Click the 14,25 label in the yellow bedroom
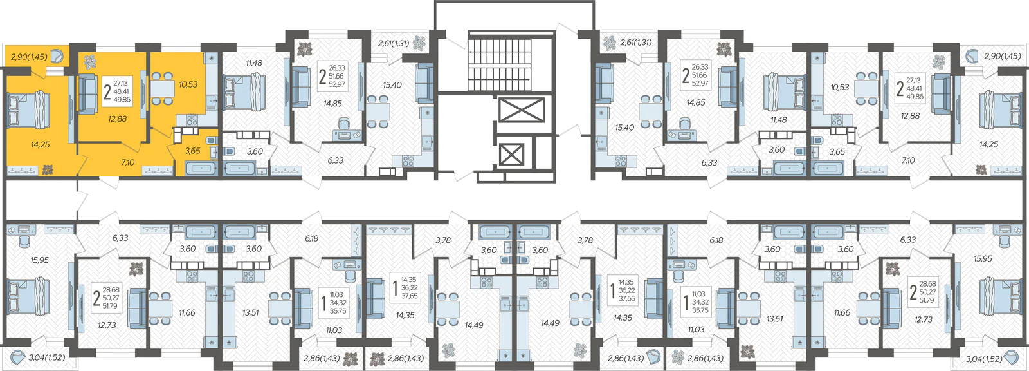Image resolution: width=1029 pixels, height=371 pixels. click(x=41, y=144)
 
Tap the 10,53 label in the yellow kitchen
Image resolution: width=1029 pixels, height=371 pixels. click(x=188, y=84)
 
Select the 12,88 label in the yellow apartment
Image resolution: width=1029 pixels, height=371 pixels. click(x=117, y=119)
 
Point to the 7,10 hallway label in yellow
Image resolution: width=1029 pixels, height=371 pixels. click(x=128, y=162)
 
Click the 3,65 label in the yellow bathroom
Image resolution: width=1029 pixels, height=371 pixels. click(x=192, y=151)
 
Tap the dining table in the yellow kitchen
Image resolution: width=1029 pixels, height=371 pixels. click(x=163, y=88)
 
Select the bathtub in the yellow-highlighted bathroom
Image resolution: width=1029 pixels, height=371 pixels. click(x=201, y=168)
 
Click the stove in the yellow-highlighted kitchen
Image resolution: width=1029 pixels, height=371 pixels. click(x=192, y=120)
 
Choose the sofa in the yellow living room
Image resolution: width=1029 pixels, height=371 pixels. click(x=87, y=94)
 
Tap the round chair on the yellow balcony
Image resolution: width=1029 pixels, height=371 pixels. click(x=57, y=57)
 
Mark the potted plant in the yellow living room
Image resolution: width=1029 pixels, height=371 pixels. click(x=90, y=61)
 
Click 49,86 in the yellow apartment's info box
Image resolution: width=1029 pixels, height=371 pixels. click(x=122, y=99)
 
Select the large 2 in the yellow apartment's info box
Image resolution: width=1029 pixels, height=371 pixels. click(x=107, y=92)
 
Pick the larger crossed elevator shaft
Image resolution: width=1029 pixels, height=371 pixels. click(x=522, y=111)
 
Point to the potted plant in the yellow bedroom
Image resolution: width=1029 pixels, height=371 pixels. click(x=47, y=170)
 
